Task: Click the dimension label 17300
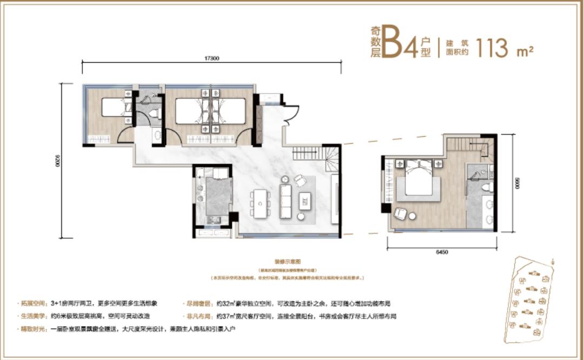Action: tap(212, 57)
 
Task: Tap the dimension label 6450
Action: tap(442, 252)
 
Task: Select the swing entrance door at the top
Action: tap(292, 114)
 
